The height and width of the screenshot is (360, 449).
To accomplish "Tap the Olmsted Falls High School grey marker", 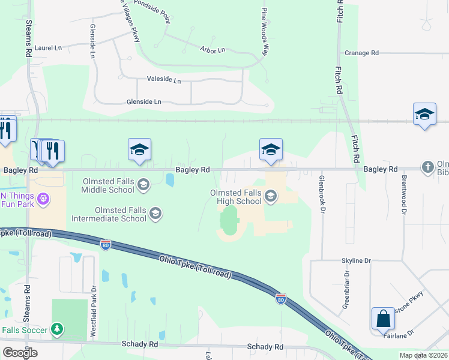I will pyautogui.click(x=271, y=196).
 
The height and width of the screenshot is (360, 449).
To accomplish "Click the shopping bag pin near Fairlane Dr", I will pyautogui.click(x=383, y=318).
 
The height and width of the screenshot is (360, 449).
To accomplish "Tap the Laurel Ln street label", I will pyautogui.click(x=49, y=47).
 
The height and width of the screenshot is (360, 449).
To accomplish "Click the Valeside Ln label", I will pyautogui.click(x=163, y=79).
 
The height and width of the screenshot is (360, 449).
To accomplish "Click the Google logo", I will pyautogui.click(x=20, y=353).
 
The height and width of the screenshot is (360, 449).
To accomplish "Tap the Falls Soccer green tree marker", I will pyautogui.click(x=56, y=329).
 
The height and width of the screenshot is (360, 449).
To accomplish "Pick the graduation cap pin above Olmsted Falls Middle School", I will pyautogui.click(x=139, y=151).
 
